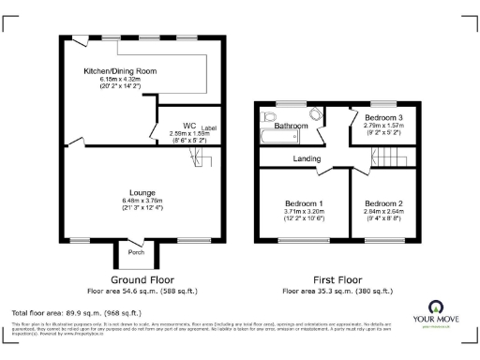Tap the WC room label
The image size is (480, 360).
[189, 125]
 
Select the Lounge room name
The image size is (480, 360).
[143, 192]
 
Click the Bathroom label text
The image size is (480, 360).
[292, 126]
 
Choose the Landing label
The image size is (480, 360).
[306, 157]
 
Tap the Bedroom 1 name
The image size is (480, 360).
[305, 203]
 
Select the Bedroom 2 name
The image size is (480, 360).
[384, 203]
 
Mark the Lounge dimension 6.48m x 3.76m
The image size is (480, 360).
[143, 202]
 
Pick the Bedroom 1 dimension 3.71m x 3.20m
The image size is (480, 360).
[305, 213]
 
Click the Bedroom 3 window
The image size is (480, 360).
[382, 103]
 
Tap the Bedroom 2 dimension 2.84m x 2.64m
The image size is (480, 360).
[384, 213]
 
